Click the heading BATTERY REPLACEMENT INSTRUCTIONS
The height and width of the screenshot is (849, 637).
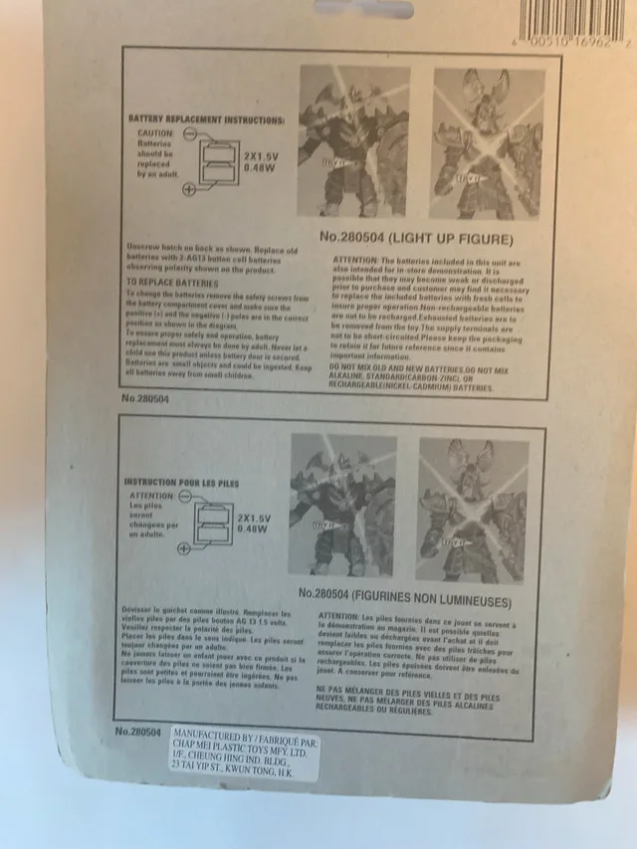click(x=207, y=119)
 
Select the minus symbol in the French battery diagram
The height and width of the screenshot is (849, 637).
click(x=183, y=495)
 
